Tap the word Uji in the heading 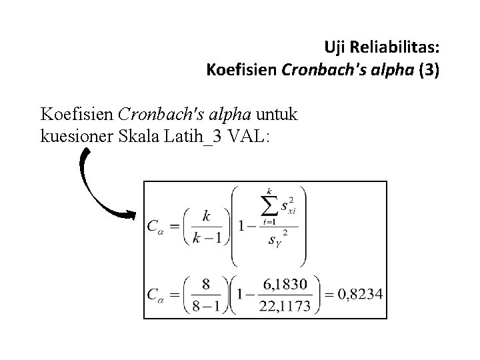(334, 47)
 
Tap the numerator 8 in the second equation (206, 285)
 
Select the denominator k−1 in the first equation (206, 237)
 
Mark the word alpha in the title (389, 69)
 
